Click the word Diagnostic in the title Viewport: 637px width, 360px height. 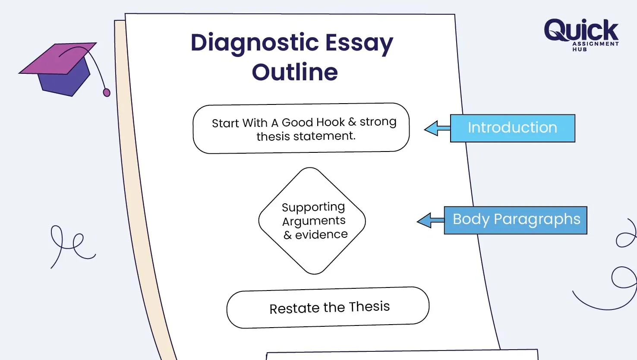[255, 43]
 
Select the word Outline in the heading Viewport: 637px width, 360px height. [295, 72]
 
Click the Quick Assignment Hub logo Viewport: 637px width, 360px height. [581, 34]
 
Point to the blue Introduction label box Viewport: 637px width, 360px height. [512, 128]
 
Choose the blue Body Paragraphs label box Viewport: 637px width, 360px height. [516, 220]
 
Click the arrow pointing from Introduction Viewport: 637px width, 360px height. [437, 128]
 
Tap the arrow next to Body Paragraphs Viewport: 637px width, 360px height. [430, 221]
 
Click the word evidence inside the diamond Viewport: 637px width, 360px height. [321, 234]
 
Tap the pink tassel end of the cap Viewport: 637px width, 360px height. [107, 92]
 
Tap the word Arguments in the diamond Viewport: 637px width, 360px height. [314, 221]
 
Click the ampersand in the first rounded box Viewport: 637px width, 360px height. [352, 122]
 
